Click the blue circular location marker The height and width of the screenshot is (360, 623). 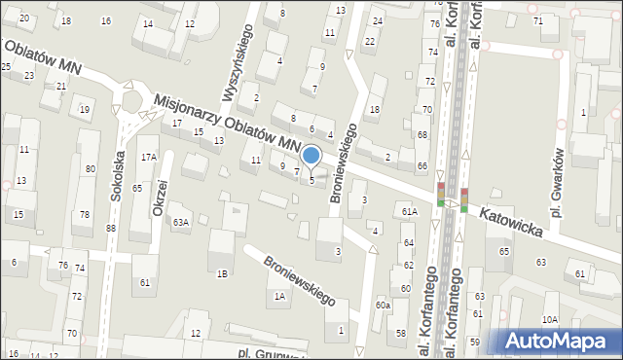pyautogui.click(x=311, y=155)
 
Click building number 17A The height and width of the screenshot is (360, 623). pyautogui.click(x=148, y=157)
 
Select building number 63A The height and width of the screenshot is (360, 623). pyautogui.click(x=181, y=222)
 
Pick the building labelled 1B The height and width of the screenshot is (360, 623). pyautogui.click(x=223, y=273)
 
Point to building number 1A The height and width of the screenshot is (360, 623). pyautogui.click(x=279, y=296)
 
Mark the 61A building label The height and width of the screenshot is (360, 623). pyautogui.click(x=410, y=210)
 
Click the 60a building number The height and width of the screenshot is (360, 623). pyautogui.click(x=384, y=306)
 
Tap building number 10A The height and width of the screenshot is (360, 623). pyautogui.click(x=550, y=319)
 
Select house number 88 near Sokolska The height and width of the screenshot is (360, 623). pyautogui.click(x=111, y=228)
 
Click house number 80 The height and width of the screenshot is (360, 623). pyautogui.click(x=91, y=169)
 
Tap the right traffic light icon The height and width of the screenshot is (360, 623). pyautogui.click(x=464, y=198)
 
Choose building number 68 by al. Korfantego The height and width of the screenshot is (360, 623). pyautogui.click(x=422, y=133)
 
